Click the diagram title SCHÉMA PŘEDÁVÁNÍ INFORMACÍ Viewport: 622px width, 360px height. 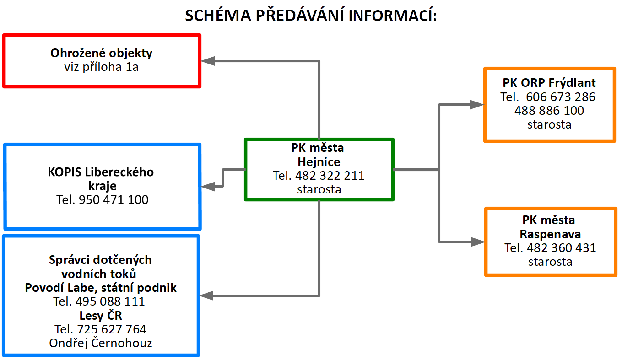tap(311, 15)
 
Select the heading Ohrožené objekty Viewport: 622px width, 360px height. tap(101, 53)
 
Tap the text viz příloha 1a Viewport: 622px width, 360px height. tap(101, 67)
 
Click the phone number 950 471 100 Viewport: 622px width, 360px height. tap(114, 200)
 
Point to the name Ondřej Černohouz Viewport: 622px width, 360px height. tap(101, 343)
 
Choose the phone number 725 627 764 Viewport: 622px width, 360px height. tap(112, 329)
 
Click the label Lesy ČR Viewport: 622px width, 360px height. tap(101, 315)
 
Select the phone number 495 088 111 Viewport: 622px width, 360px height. tap(110, 301)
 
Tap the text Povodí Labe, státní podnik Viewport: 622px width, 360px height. tap(101, 288)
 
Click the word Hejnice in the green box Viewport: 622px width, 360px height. tap(319, 162)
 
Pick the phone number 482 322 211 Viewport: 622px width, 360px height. tap(330, 176)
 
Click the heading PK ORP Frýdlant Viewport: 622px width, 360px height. tap(549, 83)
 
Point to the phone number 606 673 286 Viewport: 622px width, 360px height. tap(561, 97)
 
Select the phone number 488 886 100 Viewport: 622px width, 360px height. tap(549, 111)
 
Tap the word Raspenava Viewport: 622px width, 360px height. tap(550, 234)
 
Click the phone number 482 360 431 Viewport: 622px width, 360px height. tap(562, 248)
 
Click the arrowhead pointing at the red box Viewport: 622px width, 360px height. tap(208, 61)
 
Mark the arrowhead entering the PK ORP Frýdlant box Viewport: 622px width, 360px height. tap(477, 105)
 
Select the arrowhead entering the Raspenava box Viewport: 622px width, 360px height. tap(478, 242)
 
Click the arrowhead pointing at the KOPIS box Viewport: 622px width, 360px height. tap(208, 187)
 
